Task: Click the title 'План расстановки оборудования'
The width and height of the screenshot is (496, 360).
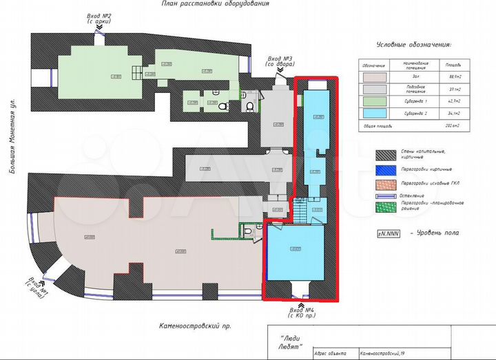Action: click(215, 4)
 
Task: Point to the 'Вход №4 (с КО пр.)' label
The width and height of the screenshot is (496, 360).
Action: click(302, 313)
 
